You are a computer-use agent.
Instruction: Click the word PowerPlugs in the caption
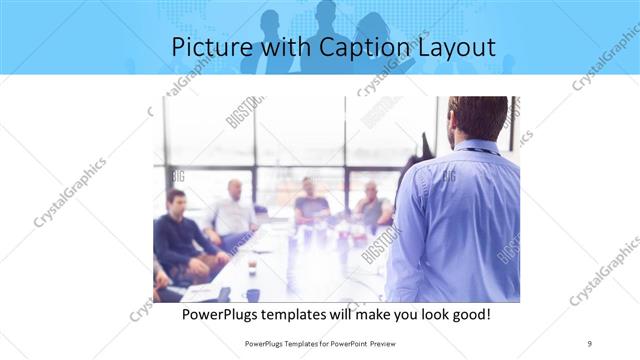[222, 315]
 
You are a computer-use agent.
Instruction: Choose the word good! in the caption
[468, 315]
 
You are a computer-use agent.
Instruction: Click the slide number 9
[591, 343]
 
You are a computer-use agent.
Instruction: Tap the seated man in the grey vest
[372, 208]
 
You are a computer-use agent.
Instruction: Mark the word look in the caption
[425, 315]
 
